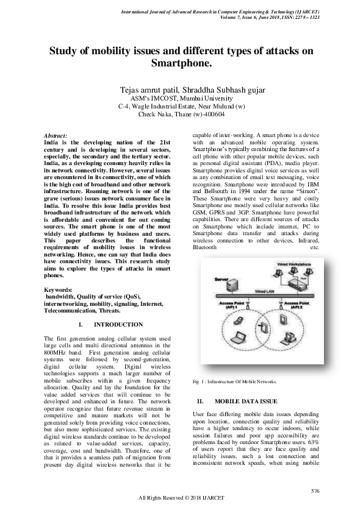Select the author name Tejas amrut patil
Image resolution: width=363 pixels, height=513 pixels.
point(156,90)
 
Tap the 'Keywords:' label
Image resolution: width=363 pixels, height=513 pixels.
point(59,289)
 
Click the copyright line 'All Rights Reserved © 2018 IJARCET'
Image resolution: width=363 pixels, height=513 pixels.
point(182,498)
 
